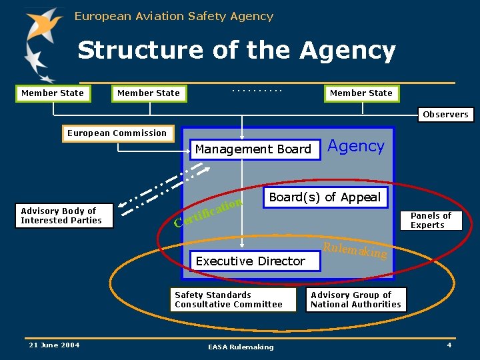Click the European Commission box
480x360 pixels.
click(117, 133)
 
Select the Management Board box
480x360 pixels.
click(253, 149)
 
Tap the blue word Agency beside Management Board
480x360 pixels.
click(357, 147)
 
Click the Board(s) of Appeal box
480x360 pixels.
click(325, 197)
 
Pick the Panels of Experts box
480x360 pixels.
click(431, 221)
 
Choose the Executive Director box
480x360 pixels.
click(251, 261)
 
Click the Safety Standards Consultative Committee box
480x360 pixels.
click(229, 300)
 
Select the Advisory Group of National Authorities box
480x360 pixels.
click(356, 300)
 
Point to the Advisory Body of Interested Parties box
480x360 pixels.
click(61, 216)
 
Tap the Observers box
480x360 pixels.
click(445, 115)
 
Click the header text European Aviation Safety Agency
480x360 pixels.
click(174, 16)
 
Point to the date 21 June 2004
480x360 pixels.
click(54, 345)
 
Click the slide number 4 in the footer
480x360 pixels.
click(449, 345)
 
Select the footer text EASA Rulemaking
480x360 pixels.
click(241, 347)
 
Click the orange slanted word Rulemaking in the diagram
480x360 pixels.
click(354, 251)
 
